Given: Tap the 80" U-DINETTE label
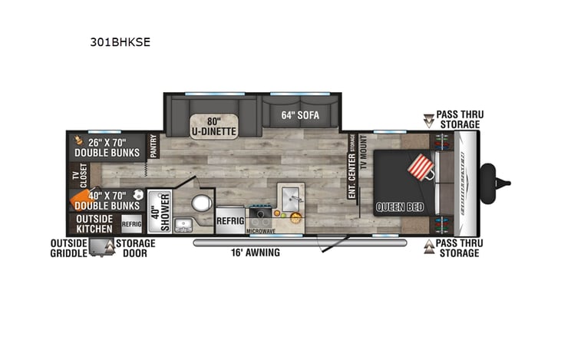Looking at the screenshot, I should (x=214, y=126).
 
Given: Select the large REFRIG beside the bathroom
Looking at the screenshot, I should (x=230, y=220).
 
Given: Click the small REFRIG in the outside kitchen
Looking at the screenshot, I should (x=131, y=223).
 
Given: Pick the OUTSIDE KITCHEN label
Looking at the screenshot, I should (x=94, y=223).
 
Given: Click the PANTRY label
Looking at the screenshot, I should (x=153, y=147).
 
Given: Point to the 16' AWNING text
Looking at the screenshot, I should (x=256, y=252).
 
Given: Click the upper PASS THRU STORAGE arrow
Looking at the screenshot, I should (x=428, y=119).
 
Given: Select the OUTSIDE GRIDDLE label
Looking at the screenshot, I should (x=68, y=249).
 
